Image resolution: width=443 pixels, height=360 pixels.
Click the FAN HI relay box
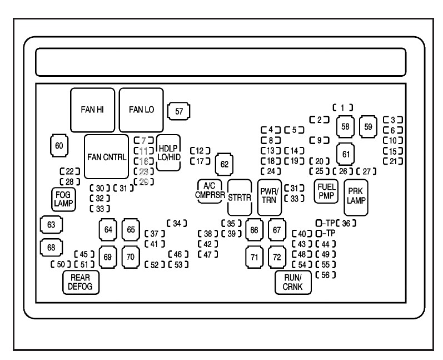[x=93, y=110]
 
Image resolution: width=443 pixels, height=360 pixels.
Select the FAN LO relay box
[x=141, y=110]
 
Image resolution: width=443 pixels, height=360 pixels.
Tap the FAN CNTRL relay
[x=106, y=156]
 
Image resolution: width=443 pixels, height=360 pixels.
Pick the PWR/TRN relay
[x=270, y=196]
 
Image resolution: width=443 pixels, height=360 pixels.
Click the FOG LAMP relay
[x=60, y=198]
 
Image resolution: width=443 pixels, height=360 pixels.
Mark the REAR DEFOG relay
[x=80, y=283]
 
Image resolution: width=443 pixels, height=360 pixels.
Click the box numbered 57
[x=179, y=111]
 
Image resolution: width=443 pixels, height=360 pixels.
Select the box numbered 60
[x=59, y=146]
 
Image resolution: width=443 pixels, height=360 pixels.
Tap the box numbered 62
[x=225, y=164]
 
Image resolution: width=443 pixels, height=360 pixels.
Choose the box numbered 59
[x=368, y=126]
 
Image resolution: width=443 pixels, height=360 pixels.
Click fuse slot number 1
[x=344, y=107]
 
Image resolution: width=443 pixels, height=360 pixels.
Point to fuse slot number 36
[x=346, y=223]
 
